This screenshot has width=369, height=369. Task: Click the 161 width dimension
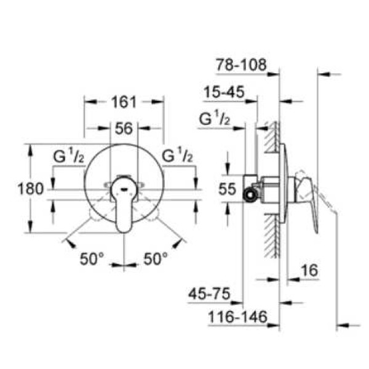(x=125, y=101)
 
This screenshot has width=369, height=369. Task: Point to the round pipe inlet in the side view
(x=250, y=196)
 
